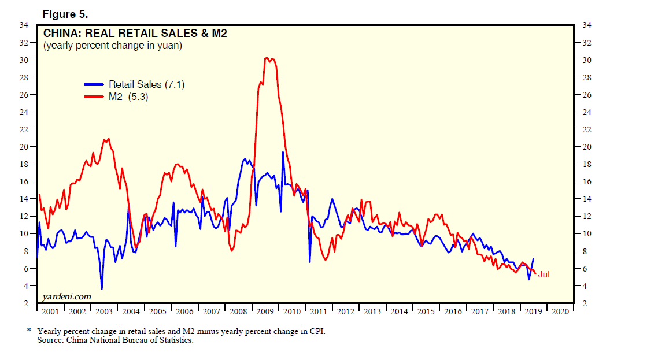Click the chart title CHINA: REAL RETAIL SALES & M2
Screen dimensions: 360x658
pyautogui.click(x=135, y=34)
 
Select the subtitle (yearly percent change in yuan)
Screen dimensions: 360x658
pyautogui.click(x=113, y=45)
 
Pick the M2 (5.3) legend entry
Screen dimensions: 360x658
pyautogui.click(x=128, y=97)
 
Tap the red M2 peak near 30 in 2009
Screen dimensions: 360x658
pyautogui.click(x=266, y=58)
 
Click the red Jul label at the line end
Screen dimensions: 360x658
pyautogui.click(x=544, y=274)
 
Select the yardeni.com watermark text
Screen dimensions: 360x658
pyautogui.click(x=67, y=296)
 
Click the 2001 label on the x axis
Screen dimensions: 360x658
pyautogui.click(x=50, y=311)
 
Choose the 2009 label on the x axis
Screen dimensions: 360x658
pyautogui.click(x=265, y=311)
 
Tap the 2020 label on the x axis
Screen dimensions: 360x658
pyautogui.click(x=560, y=311)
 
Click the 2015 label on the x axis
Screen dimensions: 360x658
pyautogui.click(x=426, y=311)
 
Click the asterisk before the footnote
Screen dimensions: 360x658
pyautogui.click(x=28, y=331)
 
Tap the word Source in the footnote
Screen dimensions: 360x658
pyautogui.click(x=50, y=340)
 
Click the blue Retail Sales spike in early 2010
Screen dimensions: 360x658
pyautogui.click(x=283, y=152)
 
